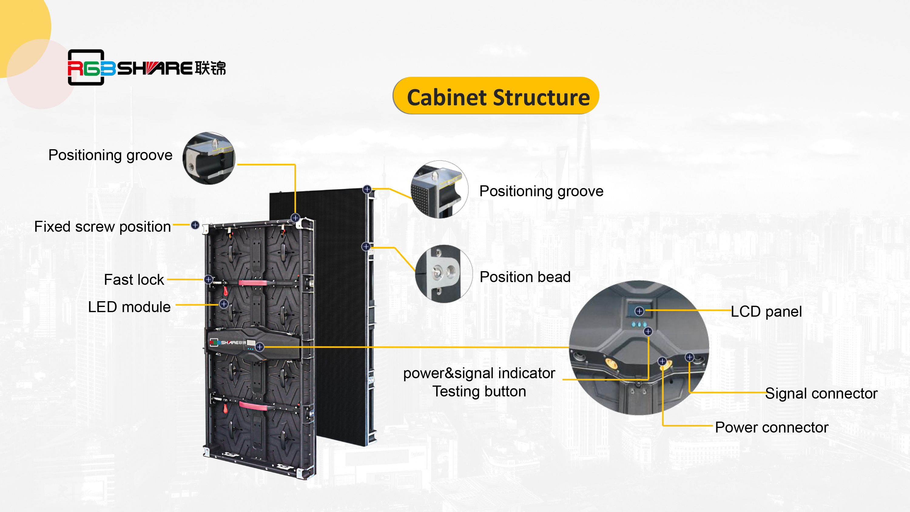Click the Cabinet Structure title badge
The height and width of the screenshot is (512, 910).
[496, 96]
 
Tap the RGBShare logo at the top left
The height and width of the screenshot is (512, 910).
[146, 68]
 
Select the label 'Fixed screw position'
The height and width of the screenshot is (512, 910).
[103, 227]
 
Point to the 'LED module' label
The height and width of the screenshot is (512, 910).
[129, 307]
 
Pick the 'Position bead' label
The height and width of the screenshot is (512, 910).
[525, 277]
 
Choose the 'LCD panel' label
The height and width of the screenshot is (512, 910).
[766, 312]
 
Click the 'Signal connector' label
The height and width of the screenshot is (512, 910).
[821, 393]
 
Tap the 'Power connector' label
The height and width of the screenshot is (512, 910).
[771, 428]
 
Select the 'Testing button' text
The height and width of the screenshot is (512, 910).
[479, 392]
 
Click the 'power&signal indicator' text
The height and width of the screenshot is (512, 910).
[479, 373]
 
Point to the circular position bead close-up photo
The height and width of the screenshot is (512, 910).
[444, 274]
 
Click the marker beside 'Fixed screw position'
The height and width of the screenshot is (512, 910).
[195, 225]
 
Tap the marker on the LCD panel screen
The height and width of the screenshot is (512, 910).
[639, 311]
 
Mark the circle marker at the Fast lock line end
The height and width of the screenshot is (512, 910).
[208, 279]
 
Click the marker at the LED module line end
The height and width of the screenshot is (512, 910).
[224, 304]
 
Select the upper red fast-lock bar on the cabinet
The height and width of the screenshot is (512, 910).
[253, 283]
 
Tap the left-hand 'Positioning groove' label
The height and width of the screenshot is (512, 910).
[110, 155]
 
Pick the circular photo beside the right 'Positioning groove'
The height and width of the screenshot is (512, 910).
[439, 190]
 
